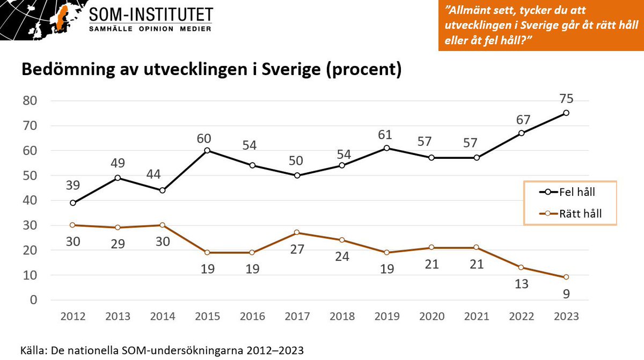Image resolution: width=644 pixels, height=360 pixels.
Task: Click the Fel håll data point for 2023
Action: click(x=566, y=113)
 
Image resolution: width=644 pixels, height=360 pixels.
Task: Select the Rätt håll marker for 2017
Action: click(x=297, y=232)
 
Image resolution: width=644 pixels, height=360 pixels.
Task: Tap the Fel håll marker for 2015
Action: click(x=207, y=150)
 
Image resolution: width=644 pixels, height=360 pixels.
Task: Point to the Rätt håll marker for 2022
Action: click(x=521, y=268)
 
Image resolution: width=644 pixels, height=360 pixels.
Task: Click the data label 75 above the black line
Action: click(x=566, y=99)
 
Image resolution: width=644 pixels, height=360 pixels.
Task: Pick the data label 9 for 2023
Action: click(x=566, y=294)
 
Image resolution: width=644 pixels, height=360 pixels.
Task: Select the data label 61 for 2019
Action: click(x=385, y=135)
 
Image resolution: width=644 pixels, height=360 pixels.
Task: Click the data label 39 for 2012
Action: click(x=73, y=185)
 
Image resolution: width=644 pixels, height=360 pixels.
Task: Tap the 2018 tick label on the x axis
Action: click(x=342, y=317)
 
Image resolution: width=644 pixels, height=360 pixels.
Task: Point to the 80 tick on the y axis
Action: click(x=30, y=101)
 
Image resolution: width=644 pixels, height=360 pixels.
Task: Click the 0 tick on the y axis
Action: click(x=34, y=300)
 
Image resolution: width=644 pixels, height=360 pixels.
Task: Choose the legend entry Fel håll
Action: click(x=567, y=192)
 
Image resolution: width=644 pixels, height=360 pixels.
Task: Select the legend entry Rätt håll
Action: click(x=570, y=214)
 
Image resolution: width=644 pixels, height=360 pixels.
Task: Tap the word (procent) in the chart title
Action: click(x=364, y=70)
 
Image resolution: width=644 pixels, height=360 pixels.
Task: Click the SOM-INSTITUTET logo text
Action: click(x=151, y=14)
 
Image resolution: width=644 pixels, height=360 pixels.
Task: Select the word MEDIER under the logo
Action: click(x=195, y=29)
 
